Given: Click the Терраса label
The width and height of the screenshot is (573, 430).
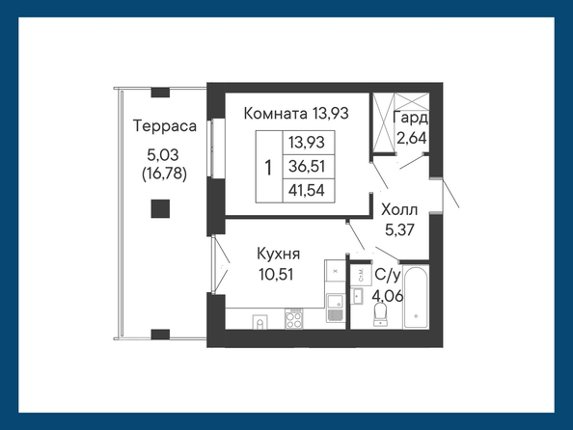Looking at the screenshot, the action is click(x=165, y=126).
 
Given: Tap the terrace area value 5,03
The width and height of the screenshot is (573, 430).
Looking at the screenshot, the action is click(x=163, y=155).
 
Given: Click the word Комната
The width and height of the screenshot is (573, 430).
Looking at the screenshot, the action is click(x=276, y=113).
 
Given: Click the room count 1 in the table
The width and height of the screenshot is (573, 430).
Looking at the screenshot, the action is click(x=268, y=168).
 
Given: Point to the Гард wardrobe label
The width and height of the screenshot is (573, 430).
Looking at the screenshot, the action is click(x=410, y=119).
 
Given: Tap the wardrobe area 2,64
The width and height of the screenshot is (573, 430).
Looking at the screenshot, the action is click(x=412, y=138).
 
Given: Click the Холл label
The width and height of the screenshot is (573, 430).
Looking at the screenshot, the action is click(x=399, y=210).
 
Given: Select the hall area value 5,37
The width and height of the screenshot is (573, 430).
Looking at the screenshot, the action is click(x=399, y=229).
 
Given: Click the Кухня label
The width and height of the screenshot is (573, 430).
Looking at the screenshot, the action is click(x=279, y=254).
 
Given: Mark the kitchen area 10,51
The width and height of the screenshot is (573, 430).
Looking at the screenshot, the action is click(x=276, y=274).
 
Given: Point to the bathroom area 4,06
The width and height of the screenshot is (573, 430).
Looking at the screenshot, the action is click(x=388, y=295).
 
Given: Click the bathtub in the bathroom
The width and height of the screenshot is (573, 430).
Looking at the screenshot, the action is click(x=416, y=297).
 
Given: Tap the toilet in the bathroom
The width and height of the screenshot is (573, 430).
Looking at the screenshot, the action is click(x=380, y=314).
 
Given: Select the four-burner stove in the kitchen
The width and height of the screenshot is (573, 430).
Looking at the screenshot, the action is click(x=294, y=318).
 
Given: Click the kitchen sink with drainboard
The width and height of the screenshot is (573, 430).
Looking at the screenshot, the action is click(x=335, y=308).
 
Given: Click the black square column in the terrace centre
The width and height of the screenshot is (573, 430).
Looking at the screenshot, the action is click(x=160, y=208).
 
